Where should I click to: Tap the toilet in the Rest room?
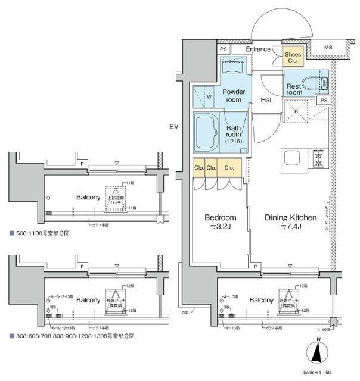pyautogui.click(x=316, y=83)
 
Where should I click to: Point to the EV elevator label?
pyautogui.click(x=174, y=126)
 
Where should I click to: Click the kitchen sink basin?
pyautogui.click(x=294, y=160)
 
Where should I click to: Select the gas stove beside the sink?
pyautogui.click(x=318, y=160)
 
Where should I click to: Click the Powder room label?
pyautogui.click(x=234, y=96)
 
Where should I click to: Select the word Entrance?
pyautogui.click(x=257, y=49)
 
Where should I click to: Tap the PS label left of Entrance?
pyautogui.click(x=223, y=49)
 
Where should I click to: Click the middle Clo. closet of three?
pyautogui.click(x=210, y=168)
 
